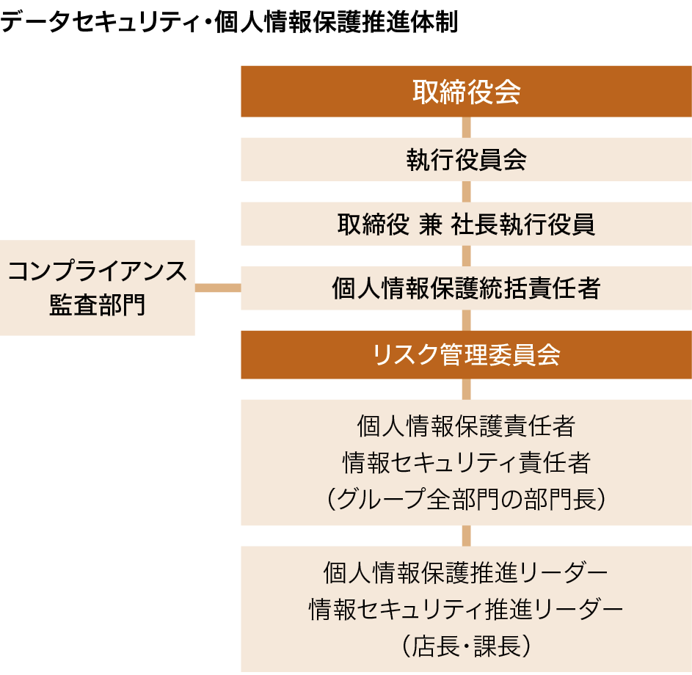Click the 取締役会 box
tap(466, 92)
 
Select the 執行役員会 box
tap(466, 159)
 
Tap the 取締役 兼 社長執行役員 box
tap(466, 224)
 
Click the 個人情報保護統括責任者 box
tap(466, 288)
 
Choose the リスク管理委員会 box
tap(466, 354)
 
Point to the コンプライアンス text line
tap(98, 271)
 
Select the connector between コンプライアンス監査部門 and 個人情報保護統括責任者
tap(218, 288)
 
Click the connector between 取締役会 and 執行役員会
tap(466, 127)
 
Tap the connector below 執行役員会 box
tap(466, 191)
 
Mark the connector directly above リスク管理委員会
tap(466, 320)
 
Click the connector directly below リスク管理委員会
tap(466, 389)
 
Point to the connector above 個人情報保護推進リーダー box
tap(466, 536)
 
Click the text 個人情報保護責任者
tap(466, 425)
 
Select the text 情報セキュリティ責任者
tap(466, 462)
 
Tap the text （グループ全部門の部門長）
tap(466, 500)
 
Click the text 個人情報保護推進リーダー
tap(466, 571)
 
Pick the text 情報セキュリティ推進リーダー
tap(466, 608)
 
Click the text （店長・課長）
tap(466, 646)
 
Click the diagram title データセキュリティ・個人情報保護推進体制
tap(229, 22)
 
